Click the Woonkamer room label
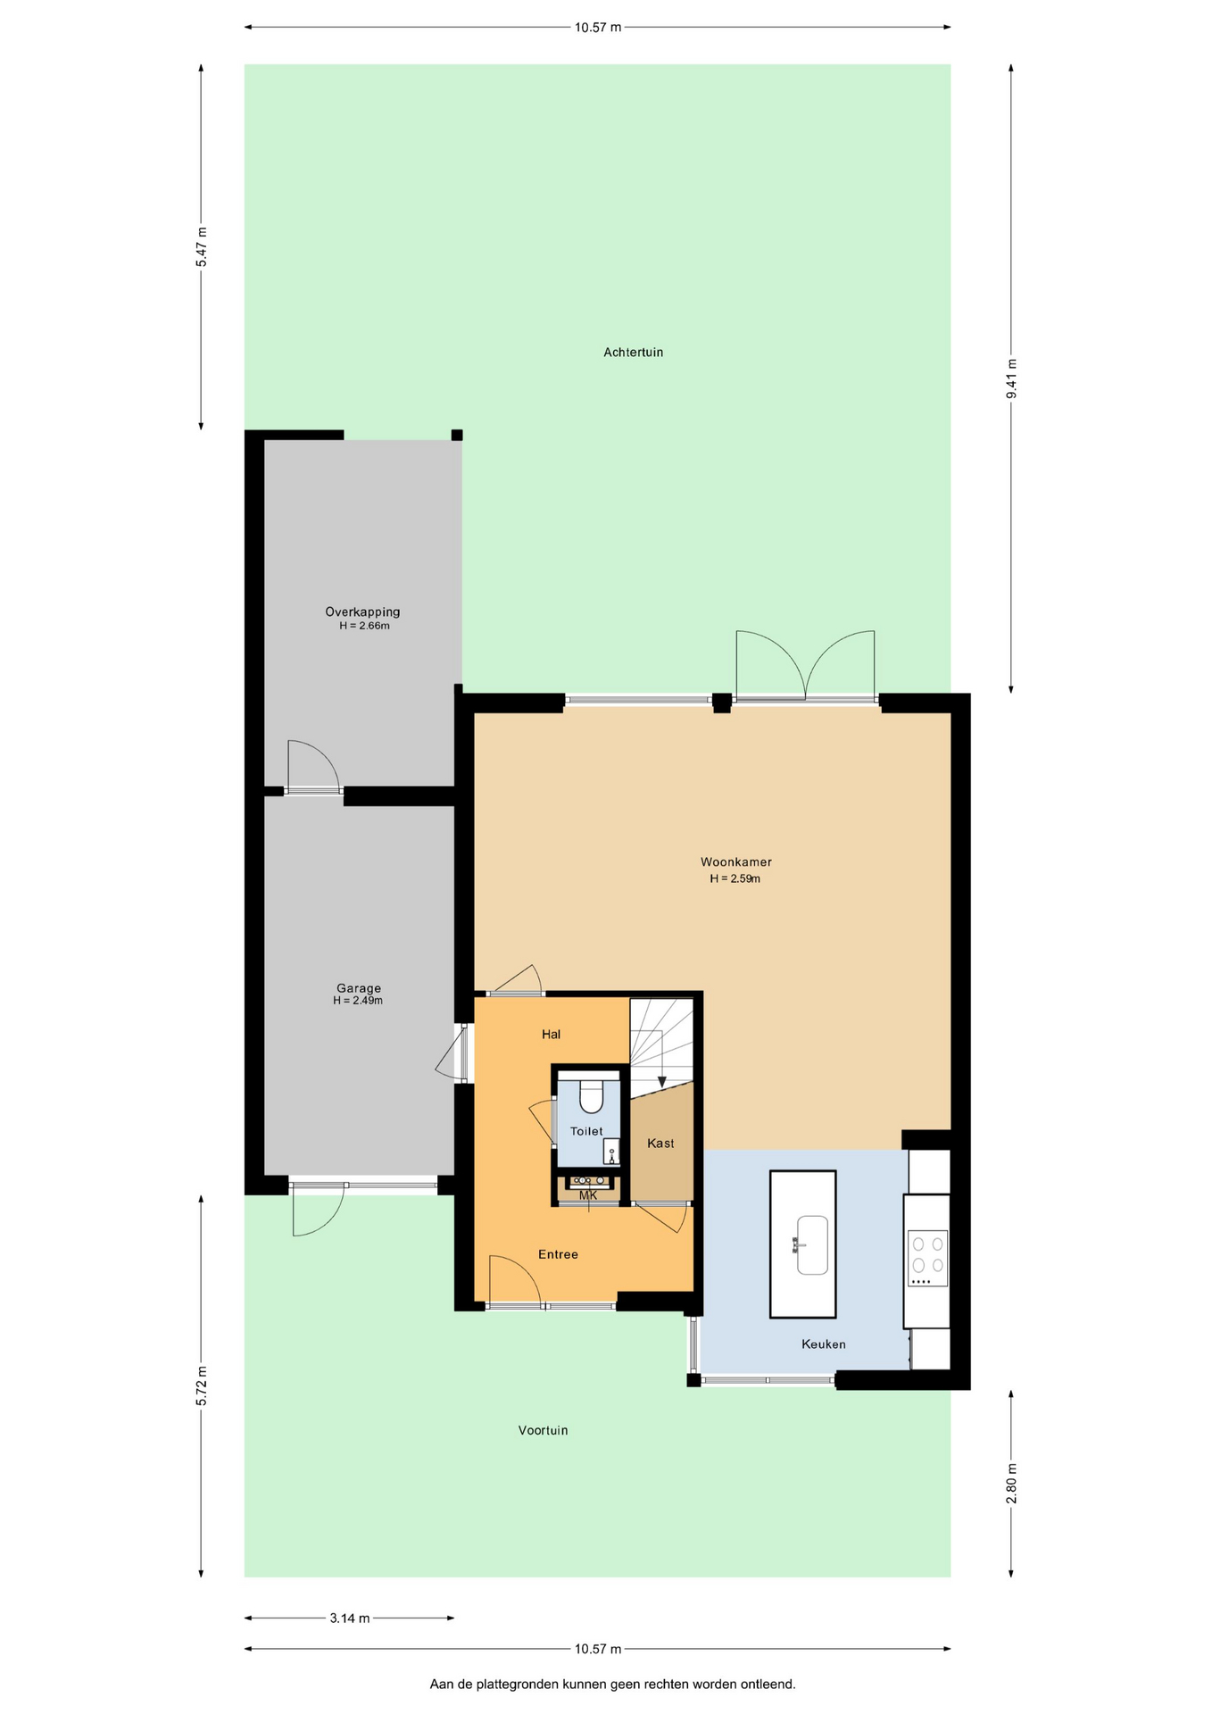(735, 862)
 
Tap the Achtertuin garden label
(633, 353)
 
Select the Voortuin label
(543, 1430)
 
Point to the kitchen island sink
(812, 1244)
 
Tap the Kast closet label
(660, 1144)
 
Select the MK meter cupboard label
(588, 1195)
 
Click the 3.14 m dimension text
(350, 1618)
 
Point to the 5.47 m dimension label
(202, 247)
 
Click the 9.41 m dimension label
(1011, 379)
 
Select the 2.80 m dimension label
(1011, 1483)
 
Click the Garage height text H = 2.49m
(358, 1001)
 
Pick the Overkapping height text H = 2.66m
(364, 626)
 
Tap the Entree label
(558, 1254)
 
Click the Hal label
(551, 1035)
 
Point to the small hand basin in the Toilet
(610, 1152)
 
